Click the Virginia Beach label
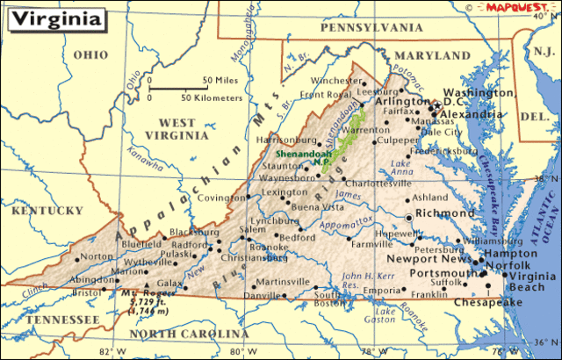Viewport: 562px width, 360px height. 532,281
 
